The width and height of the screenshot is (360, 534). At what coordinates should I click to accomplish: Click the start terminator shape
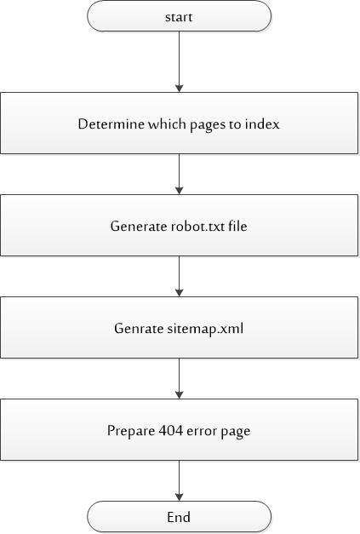pyautogui.click(x=180, y=16)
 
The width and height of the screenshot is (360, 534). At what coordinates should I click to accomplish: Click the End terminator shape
pyautogui.click(x=180, y=517)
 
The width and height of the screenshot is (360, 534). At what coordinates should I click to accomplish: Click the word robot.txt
pyautogui.click(x=197, y=227)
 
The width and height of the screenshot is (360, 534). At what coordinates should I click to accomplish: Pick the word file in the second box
pyautogui.click(x=237, y=226)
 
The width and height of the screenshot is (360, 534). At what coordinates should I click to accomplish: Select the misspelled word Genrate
pyautogui.click(x=139, y=328)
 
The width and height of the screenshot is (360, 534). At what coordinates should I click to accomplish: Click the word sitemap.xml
pyautogui.click(x=205, y=329)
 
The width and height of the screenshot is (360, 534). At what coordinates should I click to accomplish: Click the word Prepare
pyautogui.click(x=131, y=431)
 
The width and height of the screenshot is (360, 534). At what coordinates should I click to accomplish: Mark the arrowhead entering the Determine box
pyautogui.click(x=180, y=88)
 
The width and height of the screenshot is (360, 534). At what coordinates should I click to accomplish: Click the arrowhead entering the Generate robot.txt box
pyautogui.click(x=180, y=190)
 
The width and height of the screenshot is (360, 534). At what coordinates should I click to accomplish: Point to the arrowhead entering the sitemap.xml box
pyautogui.click(x=180, y=292)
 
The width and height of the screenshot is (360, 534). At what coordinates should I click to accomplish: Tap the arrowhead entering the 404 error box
pyautogui.click(x=180, y=394)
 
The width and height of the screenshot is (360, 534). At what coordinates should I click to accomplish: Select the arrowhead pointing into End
pyautogui.click(x=180, y=497)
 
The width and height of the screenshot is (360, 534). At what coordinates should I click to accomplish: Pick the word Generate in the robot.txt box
pyautogui.click(x=139, y=227)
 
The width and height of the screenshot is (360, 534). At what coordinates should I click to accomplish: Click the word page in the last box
pyautogui.click(x=236, y=432)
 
